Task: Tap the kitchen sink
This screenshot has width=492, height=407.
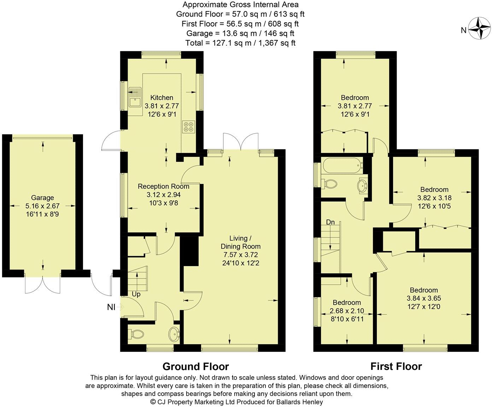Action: point(135,98)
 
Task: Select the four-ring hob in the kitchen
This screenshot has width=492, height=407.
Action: point(188,126)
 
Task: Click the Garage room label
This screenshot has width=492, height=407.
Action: point(42,198)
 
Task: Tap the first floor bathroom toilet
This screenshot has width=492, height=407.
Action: point(329,183)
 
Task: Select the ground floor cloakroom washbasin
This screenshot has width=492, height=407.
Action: point(174,333)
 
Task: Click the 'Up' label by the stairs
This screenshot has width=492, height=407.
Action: point(136,294)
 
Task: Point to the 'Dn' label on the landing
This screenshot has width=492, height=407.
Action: point(330,222)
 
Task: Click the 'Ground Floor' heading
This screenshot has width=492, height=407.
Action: point(195,366)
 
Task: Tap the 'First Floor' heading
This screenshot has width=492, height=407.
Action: point(396,366)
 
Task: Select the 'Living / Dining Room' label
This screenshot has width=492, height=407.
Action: point(240,242)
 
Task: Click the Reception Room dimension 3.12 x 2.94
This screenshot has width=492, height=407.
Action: point(163,194)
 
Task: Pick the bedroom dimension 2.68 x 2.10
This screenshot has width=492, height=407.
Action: point(347,311)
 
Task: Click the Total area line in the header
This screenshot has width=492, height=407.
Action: point(240,43)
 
